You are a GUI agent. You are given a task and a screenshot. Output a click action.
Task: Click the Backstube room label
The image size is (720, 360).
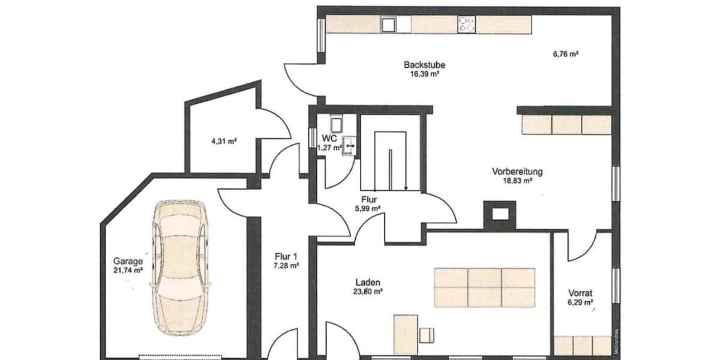coord(424,65)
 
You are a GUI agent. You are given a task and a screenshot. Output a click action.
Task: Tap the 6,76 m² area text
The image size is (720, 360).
coord(565,54)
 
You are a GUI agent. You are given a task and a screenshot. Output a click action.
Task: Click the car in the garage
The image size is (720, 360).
coord(179,267)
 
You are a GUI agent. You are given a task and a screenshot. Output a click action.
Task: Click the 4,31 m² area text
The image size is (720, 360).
coord(223,142)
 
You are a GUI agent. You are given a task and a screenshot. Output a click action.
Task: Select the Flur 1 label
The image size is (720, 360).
coord(286,256)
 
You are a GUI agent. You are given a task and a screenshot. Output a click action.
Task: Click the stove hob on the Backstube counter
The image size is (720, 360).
coord(467,24)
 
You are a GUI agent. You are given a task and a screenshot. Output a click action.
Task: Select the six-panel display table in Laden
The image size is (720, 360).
coord(484,287)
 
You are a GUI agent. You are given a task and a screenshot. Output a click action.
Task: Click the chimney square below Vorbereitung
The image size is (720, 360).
coord(500,213)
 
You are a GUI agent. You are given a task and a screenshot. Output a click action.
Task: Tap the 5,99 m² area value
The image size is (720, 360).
coord(368,209)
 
